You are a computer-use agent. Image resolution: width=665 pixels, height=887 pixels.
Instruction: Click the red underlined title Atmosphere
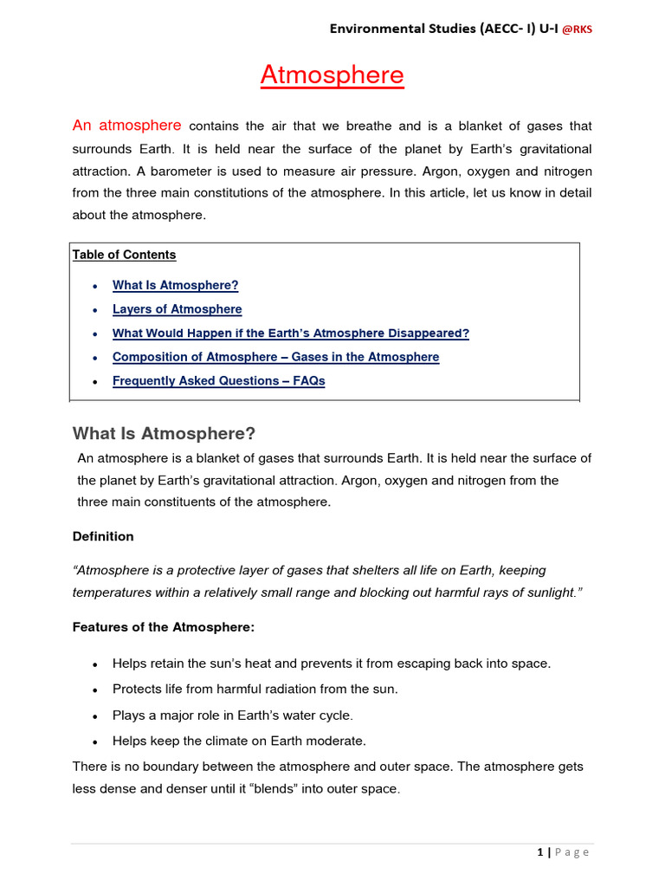tap(332, 75)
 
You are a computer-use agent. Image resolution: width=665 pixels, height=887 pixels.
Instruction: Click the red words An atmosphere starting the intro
tap(127, 126)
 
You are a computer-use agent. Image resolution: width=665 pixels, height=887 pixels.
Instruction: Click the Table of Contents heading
tap(124, 255)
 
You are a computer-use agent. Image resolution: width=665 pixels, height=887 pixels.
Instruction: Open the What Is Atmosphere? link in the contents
tap(175, 285)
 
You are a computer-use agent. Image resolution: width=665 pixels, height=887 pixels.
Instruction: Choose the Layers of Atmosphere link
tap(177, 309)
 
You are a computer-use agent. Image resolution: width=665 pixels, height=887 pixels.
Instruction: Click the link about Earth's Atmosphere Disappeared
tap(290, 333)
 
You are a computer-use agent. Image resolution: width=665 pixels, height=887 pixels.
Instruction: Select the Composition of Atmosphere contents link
tap(275, 357)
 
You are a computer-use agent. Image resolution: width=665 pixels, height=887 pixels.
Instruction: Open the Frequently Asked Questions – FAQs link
tap(218, 381)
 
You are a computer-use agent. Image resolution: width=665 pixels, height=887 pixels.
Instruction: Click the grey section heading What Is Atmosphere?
tap(164, 433)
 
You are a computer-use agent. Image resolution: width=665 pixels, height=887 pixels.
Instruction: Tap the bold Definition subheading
tap(103, 536)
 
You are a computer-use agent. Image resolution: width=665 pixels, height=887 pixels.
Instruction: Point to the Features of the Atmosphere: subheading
tap(163, 626)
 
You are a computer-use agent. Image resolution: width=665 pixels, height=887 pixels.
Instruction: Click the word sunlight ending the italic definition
tap(545, 592)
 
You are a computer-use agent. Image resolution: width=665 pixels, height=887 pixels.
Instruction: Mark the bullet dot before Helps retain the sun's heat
tap(94, 664)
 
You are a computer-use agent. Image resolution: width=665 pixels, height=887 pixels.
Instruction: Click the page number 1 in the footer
tap(539, 852)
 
